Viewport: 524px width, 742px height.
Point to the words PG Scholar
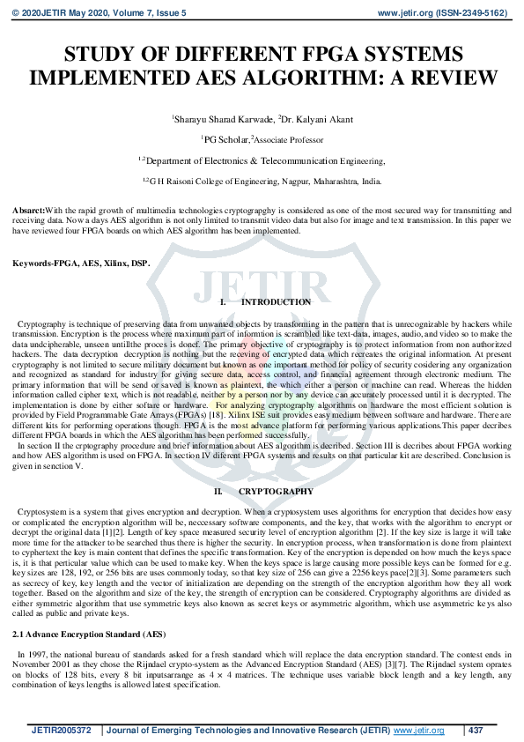pos(225,139)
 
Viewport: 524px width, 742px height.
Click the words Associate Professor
pos(288,139)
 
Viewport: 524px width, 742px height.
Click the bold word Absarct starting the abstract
pos(27,211)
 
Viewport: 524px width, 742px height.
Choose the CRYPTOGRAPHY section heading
pos(276,491)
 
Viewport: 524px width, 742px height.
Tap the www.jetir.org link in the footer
pos(417,731)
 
